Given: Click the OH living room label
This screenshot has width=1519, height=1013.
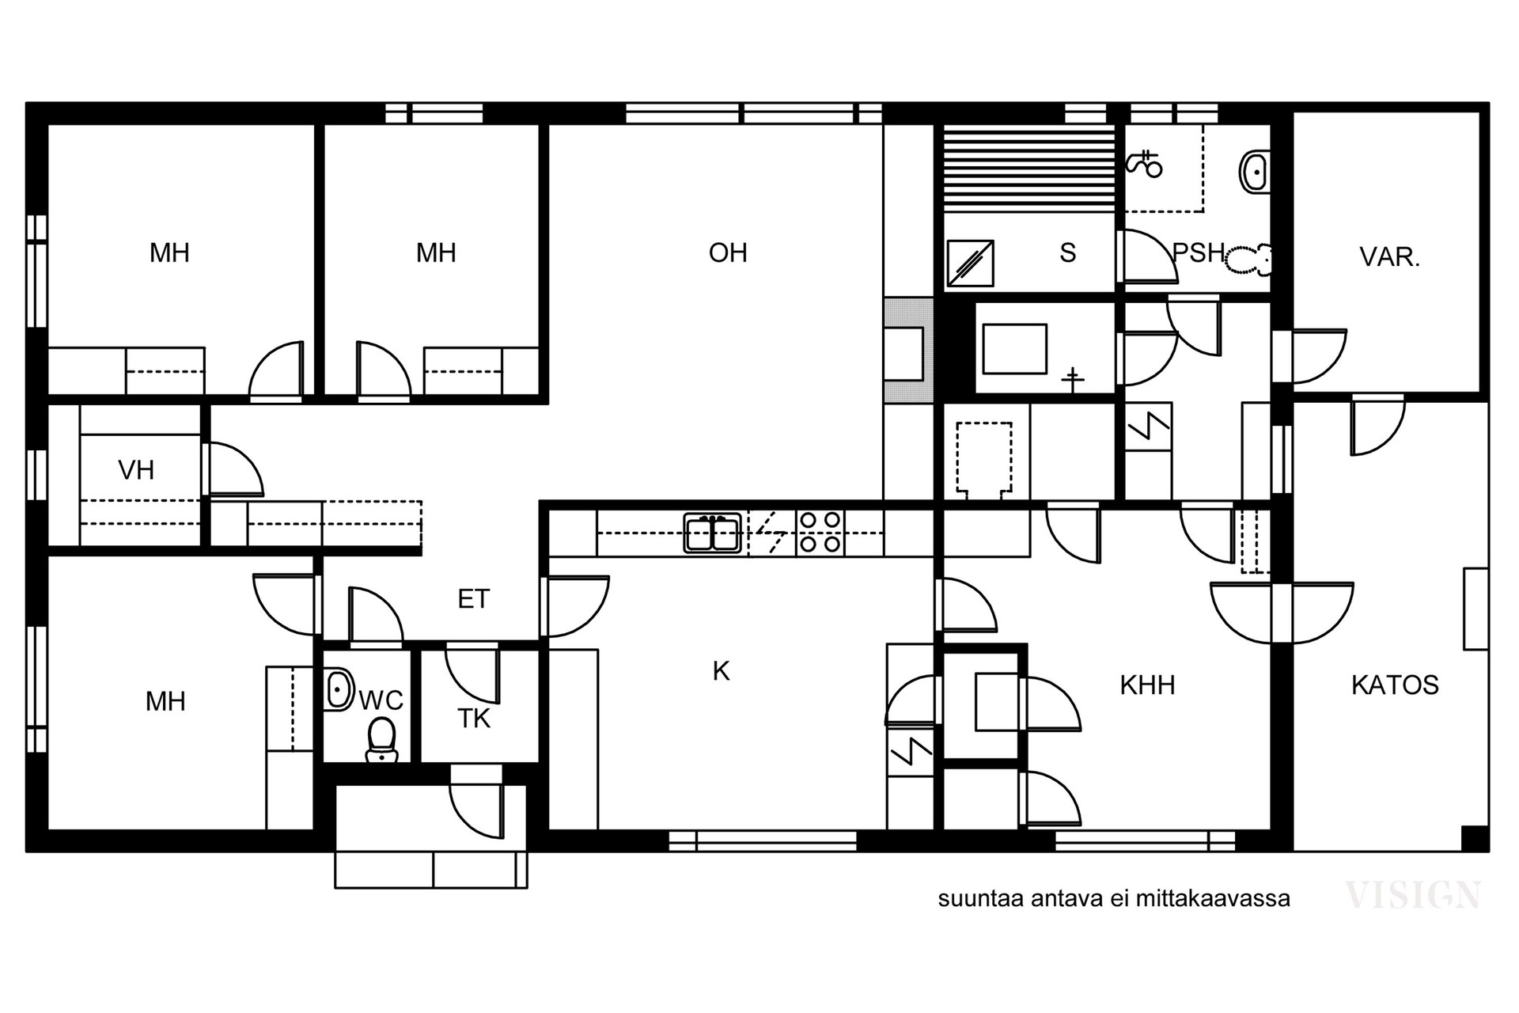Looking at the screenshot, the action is tap(728, 252).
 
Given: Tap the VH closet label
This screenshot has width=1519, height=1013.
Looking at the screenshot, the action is tap(136, 470).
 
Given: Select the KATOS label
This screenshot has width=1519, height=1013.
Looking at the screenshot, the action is tap(1395, 685).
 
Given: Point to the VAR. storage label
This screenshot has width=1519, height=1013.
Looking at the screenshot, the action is tap(1390, 257).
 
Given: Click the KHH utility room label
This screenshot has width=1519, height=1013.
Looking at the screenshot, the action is tap(1147, 685).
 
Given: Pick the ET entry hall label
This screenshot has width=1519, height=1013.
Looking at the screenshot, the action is tap(474, 599).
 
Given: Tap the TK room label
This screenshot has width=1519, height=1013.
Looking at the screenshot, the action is tap(474, 719).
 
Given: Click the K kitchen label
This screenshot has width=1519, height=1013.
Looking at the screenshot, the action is tap(721, 671).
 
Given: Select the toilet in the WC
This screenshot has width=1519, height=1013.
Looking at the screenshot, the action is tap(382, 739).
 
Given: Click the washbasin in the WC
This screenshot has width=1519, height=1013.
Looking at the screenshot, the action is tap(339, 689).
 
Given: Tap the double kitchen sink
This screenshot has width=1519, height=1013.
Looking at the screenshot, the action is tap(713, 533).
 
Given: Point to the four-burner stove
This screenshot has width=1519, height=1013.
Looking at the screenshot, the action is tap(820, 532).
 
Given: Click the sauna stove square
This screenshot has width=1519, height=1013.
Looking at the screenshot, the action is tap(970, 263).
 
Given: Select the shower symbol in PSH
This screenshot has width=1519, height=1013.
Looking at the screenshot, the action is tap(1144, 164).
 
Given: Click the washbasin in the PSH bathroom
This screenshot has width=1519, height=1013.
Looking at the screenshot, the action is tap(1255, 172).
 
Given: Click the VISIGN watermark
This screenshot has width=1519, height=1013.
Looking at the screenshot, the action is tap(1413, 894).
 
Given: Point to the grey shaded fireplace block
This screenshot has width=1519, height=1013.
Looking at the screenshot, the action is tap(909, 351).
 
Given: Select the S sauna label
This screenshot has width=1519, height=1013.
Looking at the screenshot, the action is tap(1068, 252).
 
